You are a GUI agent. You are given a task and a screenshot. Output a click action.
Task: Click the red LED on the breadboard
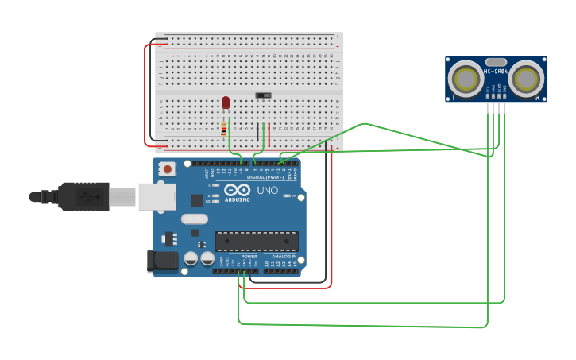(x=226, y=102)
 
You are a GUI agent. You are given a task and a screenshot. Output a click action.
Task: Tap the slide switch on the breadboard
(x=263, y=95)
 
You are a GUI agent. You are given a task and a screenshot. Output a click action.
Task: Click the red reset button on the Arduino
(x=168, y=169)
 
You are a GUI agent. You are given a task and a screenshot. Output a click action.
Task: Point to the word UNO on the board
(x=267, y=191)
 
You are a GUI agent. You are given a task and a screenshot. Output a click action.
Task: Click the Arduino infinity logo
(x=237, y=190)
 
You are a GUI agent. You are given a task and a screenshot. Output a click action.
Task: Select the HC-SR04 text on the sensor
(x=496, y=72)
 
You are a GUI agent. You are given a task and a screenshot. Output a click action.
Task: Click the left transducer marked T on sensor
(x=465, y=79)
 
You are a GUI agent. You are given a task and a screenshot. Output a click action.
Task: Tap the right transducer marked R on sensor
(x=527, y=79)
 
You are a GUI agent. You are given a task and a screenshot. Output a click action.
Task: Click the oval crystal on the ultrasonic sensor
(x=496, y=62)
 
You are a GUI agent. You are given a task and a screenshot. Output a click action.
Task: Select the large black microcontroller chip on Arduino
(x=257, y=242)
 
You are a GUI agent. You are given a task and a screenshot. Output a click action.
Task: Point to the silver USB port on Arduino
(x=157, y=196)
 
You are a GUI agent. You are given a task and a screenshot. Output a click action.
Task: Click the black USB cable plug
(x=83, y=196)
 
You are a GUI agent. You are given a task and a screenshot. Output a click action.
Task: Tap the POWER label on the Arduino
(x=249, y=257)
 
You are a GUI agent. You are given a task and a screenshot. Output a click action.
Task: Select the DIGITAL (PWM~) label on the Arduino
(x=262, y=177)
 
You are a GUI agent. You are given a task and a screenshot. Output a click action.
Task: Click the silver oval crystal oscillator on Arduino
(x=194, y=219)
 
